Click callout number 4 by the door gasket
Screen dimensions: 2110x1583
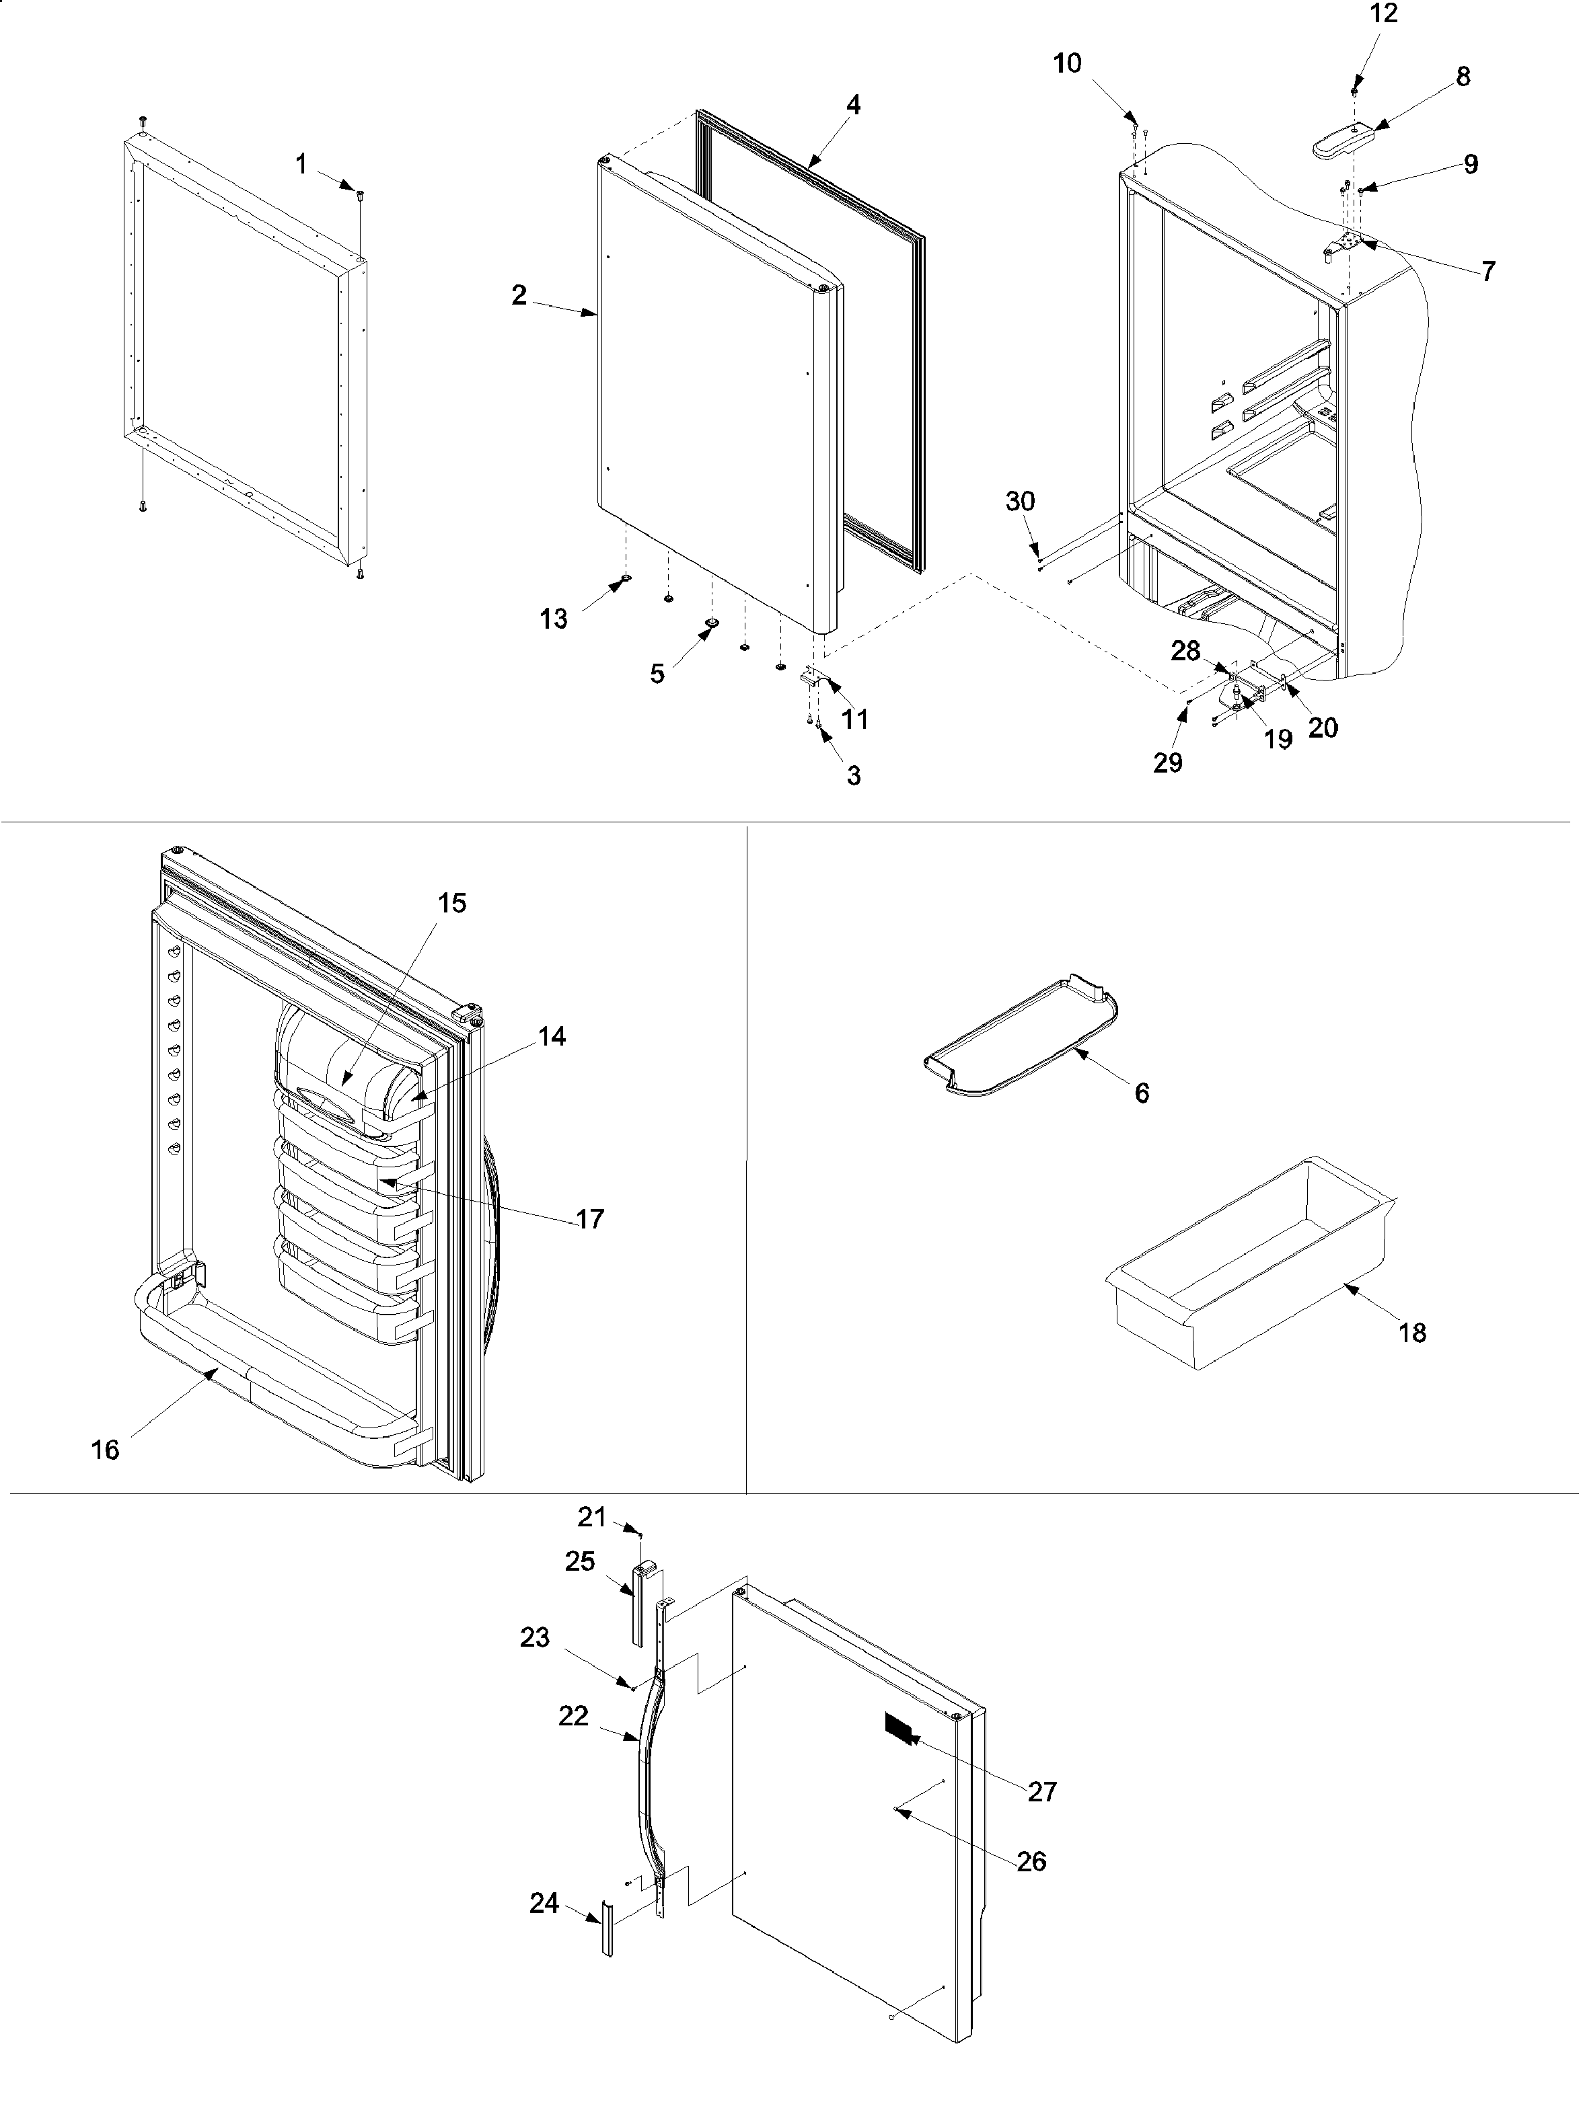[853, 106]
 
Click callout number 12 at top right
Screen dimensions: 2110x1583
[1384, 14]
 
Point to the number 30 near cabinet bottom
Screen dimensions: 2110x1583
[1020, 502]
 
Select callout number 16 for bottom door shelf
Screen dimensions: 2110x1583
[105, 1450]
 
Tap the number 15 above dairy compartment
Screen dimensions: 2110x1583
[452, 902]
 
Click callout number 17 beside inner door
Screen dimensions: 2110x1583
[590, 1218]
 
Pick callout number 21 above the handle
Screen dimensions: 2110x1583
[591, 1515]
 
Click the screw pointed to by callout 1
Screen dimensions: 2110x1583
[361, 194]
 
